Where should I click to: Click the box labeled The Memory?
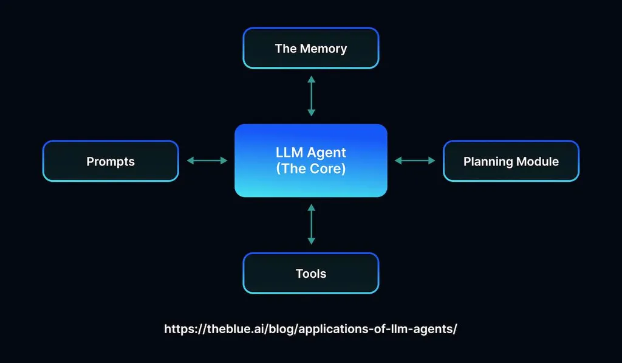pos(310,48)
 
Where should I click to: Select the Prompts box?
pos(111,161)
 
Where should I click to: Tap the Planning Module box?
pos(511,161)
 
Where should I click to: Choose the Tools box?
pos(310,274)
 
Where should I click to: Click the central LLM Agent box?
pos(310,161)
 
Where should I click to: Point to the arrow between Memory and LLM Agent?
pos(311,96)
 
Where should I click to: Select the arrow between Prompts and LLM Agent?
pos(207,161)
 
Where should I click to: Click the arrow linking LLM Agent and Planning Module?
pos(415,161)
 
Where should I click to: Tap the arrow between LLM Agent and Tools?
pos(311,224)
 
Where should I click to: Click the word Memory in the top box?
pos(323,49)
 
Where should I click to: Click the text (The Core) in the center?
pos(310,169)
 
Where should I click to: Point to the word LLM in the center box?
pos(286,152)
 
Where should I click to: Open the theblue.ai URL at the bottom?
pos(310,329)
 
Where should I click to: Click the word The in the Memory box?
pos(285,49)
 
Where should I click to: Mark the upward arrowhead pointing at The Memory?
pos(311,80)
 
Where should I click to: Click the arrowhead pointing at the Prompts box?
pos(190,161)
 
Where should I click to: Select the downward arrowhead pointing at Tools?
pos(311,241)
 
